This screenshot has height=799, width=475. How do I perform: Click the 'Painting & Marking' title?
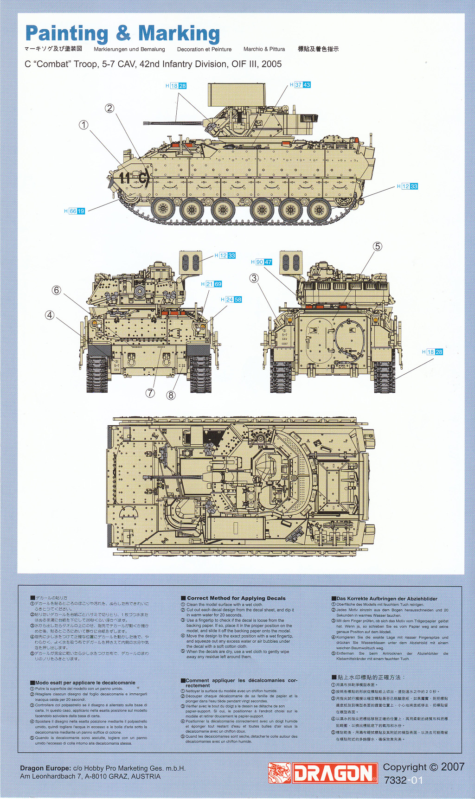coord(122,34)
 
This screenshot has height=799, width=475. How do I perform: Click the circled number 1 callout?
coord(83,125)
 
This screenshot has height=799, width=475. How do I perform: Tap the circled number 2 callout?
coord(109,108)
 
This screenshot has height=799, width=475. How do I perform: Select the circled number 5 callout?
coord(378,246)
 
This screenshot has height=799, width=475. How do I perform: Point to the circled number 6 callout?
coord(57,290)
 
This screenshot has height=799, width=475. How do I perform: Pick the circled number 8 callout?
coord(171,395)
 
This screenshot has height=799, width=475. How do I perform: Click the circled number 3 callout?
coord(254,278)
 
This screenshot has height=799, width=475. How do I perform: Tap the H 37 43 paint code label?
coord(300,85)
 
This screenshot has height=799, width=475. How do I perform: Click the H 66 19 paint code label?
coord(75,211)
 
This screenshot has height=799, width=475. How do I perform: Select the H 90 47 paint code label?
coord(262,262)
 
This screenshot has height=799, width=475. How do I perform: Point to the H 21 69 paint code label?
coord(212,284)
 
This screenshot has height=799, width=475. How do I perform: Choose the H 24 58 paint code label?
coord(231,300)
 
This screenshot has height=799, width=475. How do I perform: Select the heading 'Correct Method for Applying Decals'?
coord(236,598)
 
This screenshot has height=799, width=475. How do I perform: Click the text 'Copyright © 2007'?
coord(424,767)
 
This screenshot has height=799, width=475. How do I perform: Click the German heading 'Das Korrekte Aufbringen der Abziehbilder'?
coord(386,599)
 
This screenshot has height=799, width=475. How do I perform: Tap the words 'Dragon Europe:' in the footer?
coord(45,768)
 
